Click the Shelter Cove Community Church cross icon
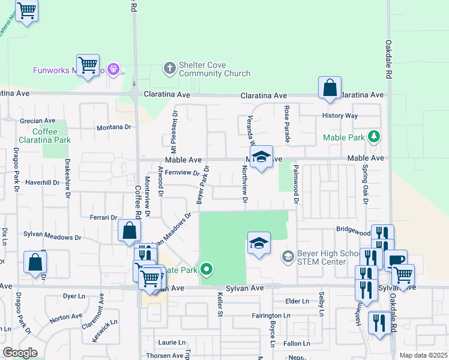[170, 68]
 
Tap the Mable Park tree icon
[374, 137]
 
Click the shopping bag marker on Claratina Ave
[330, 88]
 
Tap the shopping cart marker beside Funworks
[88, 65]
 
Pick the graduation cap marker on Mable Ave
[261, 157]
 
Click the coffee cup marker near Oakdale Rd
[396, 261]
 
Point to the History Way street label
[340, 115]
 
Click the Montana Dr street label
[114, 127]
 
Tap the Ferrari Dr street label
[103, 217]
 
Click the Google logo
[20, 352]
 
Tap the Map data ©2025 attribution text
[423, 355]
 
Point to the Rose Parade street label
[287, 124]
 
